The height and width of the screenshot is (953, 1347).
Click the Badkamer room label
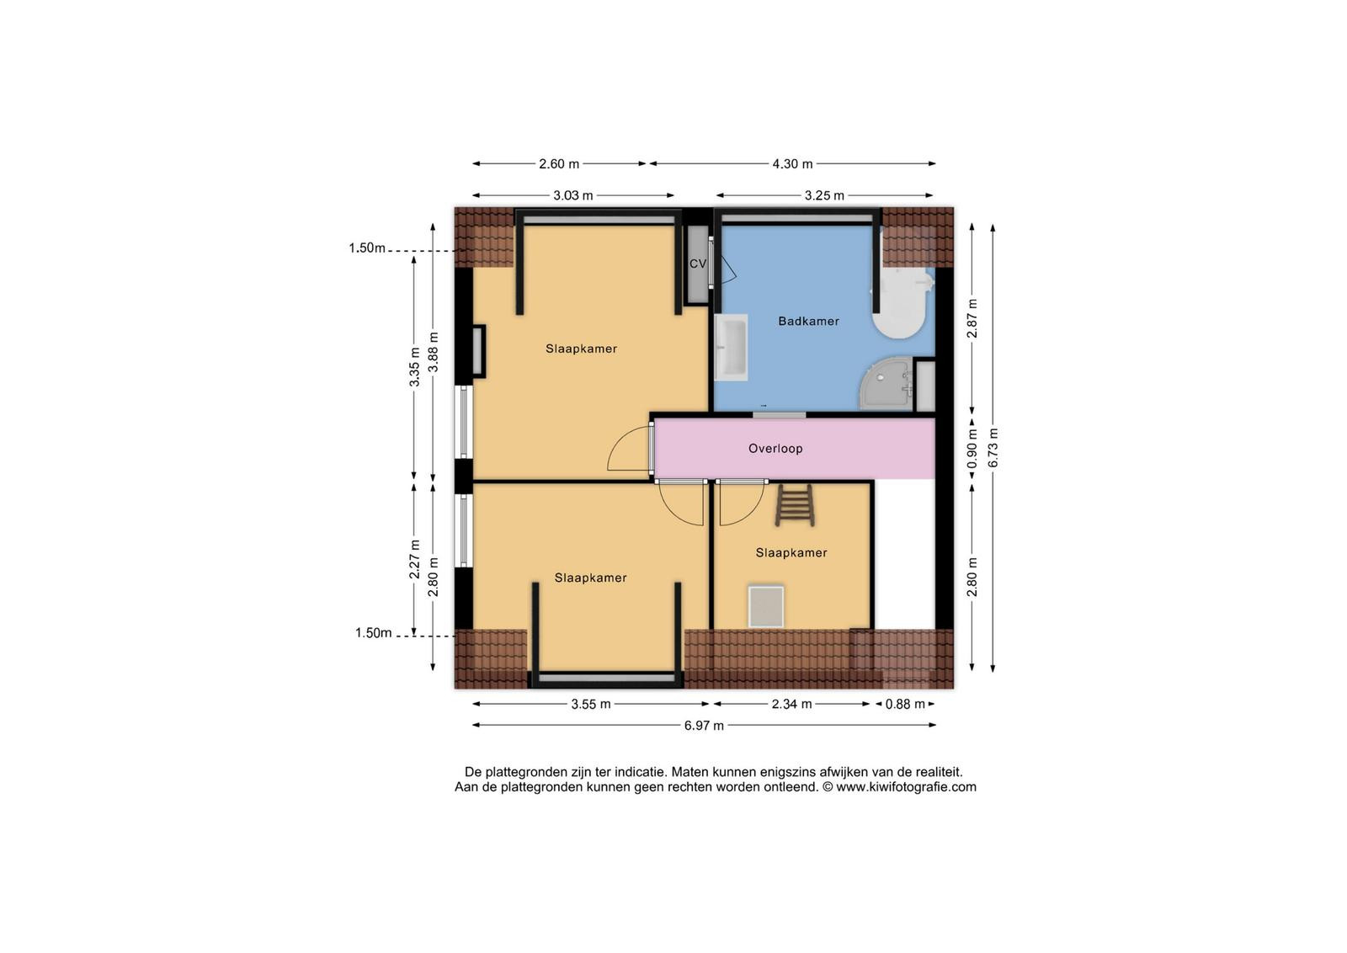[808, 321]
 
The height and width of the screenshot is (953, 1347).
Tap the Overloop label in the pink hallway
[775, 449]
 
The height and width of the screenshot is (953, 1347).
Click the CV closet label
[698, 264]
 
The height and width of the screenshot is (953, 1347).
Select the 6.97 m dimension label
[704, 726]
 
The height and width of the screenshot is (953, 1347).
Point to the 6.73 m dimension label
[993, 447]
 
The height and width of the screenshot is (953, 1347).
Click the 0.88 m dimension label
[905, 704]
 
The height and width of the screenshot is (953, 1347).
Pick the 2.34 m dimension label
[792, 704]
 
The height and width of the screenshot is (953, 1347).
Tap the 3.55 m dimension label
[591, 704]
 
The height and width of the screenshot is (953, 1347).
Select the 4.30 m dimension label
[792, 163]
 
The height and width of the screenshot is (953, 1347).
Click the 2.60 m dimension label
[559, 163]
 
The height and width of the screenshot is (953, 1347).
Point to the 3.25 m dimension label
[824, 195]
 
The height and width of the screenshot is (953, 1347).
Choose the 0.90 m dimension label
[972, 449]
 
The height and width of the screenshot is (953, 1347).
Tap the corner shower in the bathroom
[886, 384]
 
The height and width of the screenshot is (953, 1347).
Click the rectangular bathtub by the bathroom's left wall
[732, 348]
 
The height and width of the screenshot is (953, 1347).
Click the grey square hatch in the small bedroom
[766, 607]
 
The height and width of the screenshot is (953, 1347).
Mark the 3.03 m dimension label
[573, 195]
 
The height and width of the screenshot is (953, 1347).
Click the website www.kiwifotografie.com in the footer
[906, 787]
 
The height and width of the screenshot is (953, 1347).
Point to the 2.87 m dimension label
[972, 318]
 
